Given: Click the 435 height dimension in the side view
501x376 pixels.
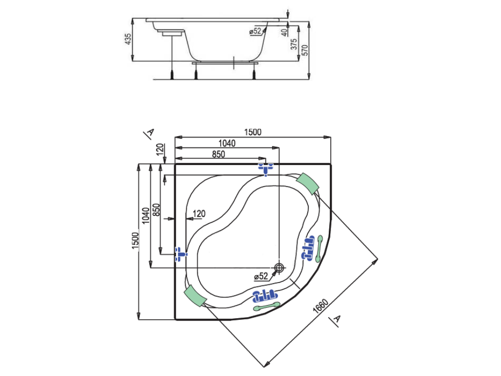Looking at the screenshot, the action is [x=128, y=39].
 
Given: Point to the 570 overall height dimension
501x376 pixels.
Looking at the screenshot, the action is [x=305, y=50].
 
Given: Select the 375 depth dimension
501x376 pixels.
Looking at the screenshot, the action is [x=294, y=44].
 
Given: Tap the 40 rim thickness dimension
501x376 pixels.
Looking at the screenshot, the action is [x=284, y=32].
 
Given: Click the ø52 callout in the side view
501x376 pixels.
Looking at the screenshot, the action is [x=255, y=31].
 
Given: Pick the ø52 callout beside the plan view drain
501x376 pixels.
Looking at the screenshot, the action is [x=261, y=276].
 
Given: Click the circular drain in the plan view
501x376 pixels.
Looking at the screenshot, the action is [x=279, y=268].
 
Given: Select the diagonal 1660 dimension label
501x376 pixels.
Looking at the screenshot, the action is [x=320, y=306].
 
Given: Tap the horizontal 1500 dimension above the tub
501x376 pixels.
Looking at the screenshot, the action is [x=253, y=132].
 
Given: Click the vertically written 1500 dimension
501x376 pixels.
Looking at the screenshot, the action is [x=136, y=241].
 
